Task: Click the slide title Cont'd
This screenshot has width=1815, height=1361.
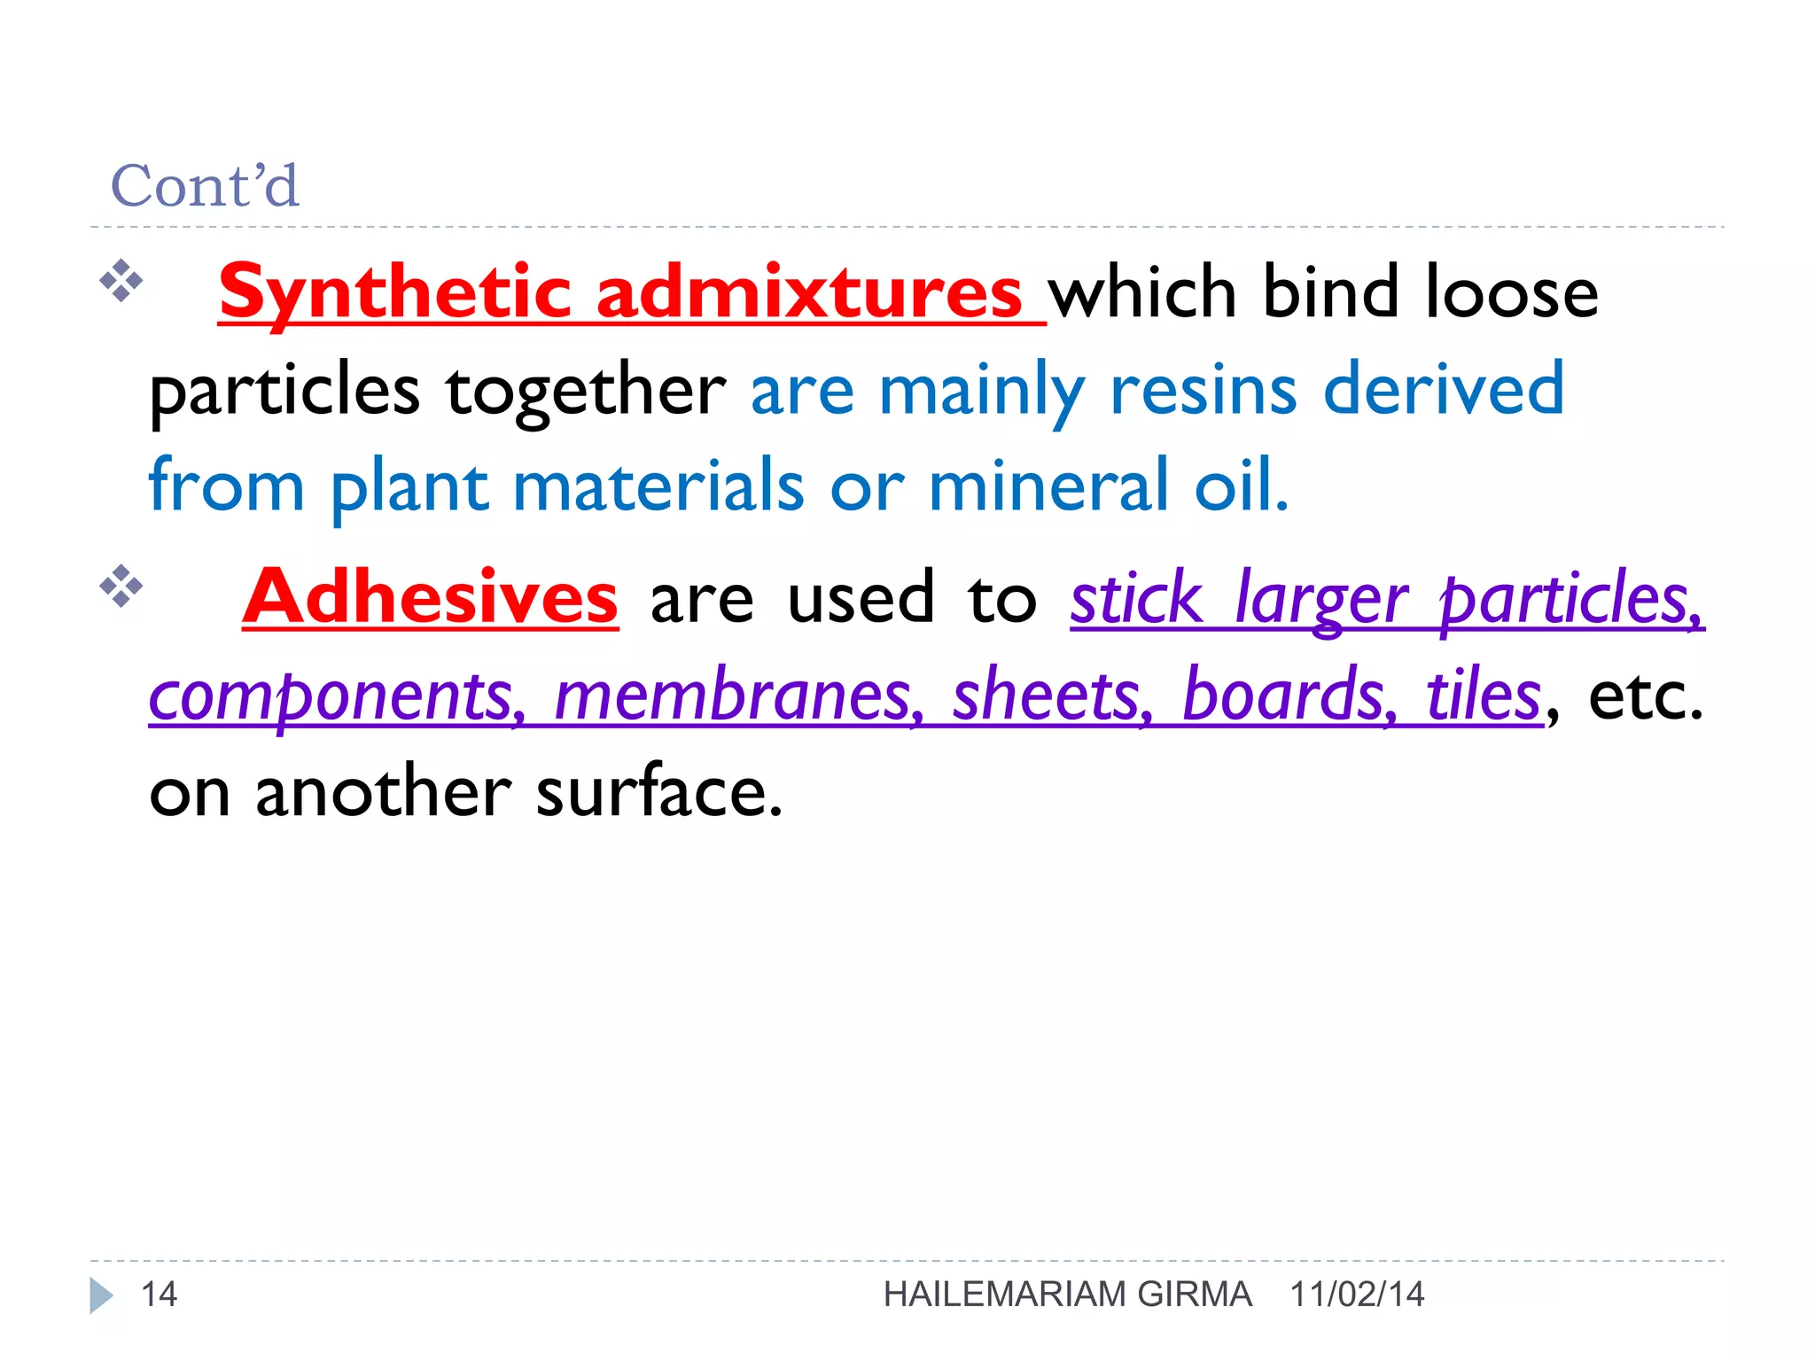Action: pos(205,186)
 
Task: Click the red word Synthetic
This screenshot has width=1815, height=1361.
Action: pos(394,292)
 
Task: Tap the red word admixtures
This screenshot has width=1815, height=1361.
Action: pos(809,292)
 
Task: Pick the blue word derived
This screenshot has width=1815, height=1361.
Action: pos(1444,390)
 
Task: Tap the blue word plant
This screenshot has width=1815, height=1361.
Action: pos(409,487)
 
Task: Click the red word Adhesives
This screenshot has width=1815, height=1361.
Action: pos(430,597)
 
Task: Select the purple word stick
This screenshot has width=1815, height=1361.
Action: pos(1136,599)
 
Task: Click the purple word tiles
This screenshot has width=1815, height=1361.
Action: pos(1484,696)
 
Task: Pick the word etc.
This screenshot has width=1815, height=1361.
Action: pos(1645,697)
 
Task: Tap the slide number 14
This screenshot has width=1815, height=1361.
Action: pos(160,1295)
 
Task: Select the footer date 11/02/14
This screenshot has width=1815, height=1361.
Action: pos(1357,1295)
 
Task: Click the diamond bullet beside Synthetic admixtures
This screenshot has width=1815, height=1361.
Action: pos(121,282)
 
